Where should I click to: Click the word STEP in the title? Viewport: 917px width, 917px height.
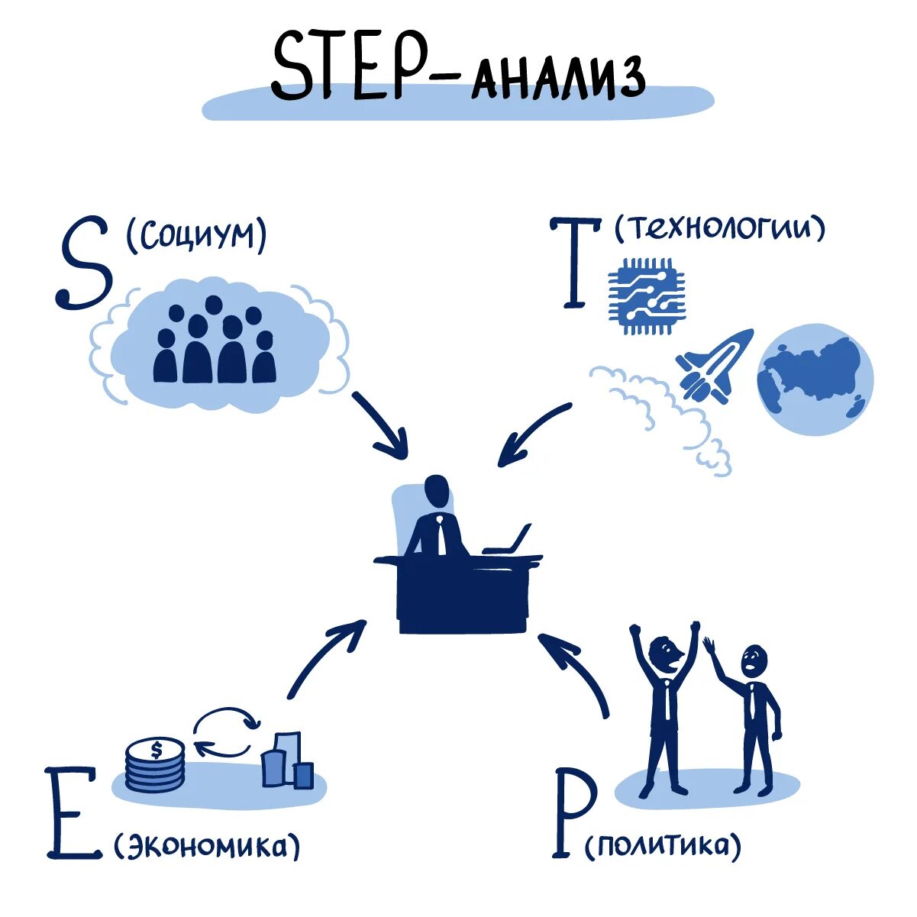click(x=347, y=66)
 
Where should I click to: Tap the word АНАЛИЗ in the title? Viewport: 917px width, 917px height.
click(x=557, y=77)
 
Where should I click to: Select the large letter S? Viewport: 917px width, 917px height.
click(x=84, y=264)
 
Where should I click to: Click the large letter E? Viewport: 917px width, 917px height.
click(x=73, y=812)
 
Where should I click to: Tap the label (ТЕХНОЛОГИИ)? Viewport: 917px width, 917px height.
click(x=719, y=227)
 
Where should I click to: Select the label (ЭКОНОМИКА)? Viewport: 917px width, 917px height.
click(x=207, y=845)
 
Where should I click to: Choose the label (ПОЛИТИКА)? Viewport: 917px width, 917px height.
click(x=662, y=846)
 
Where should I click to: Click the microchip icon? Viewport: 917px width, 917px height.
click(x=647, y=296)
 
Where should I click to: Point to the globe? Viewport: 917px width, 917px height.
click(x=815, y=379)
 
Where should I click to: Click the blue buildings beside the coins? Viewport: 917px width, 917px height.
click(x=287, y=761)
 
